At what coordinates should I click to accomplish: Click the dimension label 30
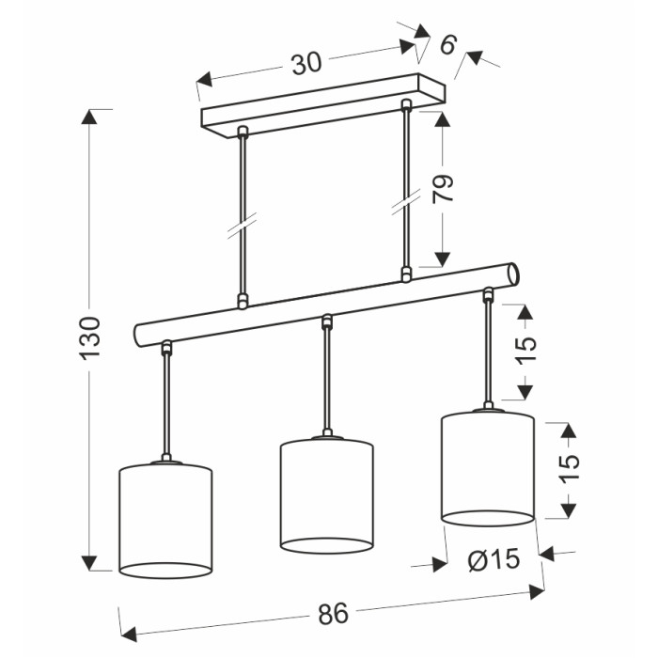tap(306, 63)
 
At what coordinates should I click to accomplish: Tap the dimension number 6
tap(447, 44)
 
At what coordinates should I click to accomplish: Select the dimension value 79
tap(443, 188)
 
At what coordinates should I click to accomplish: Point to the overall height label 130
tap(90, 338)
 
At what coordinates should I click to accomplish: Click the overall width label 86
tap(333, 614)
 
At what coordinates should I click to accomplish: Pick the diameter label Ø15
tap(493, 559)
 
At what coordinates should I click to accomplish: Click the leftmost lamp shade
tap(165, 520)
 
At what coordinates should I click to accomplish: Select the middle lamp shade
tap(326, 495)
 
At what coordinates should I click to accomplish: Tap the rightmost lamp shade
tap(488, 468)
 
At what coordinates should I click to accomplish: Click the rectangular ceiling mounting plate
tap(323, 106)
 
